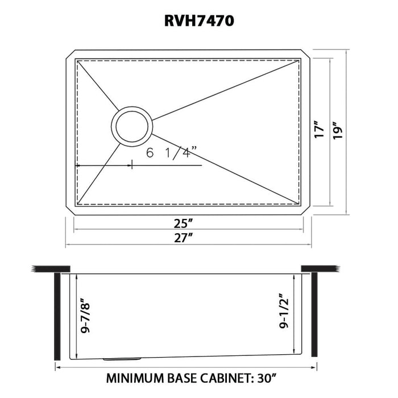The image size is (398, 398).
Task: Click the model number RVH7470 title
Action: coord(199,21)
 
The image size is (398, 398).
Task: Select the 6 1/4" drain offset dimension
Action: coord(171,152)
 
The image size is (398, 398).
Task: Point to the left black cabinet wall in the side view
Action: coord(57,316)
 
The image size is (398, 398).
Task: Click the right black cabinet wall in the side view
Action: coord(313,316)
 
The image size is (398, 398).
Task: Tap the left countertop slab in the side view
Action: coord(51,268)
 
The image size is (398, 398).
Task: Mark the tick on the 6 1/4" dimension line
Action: coord(132,165)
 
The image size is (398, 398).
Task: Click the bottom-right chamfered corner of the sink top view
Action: coord(305,210)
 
